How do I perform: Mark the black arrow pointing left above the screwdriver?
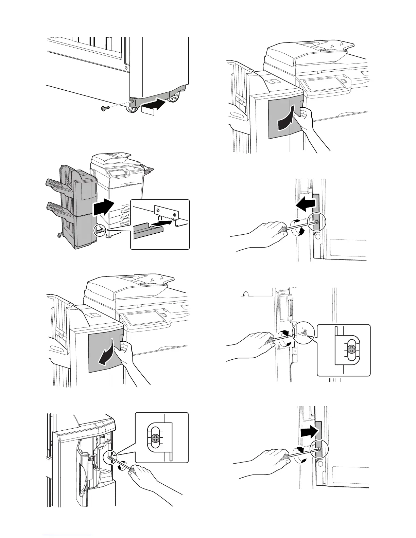pos(305,204)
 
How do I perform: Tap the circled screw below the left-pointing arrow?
pos(316,222)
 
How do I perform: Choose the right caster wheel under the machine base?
pos(174,98)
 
